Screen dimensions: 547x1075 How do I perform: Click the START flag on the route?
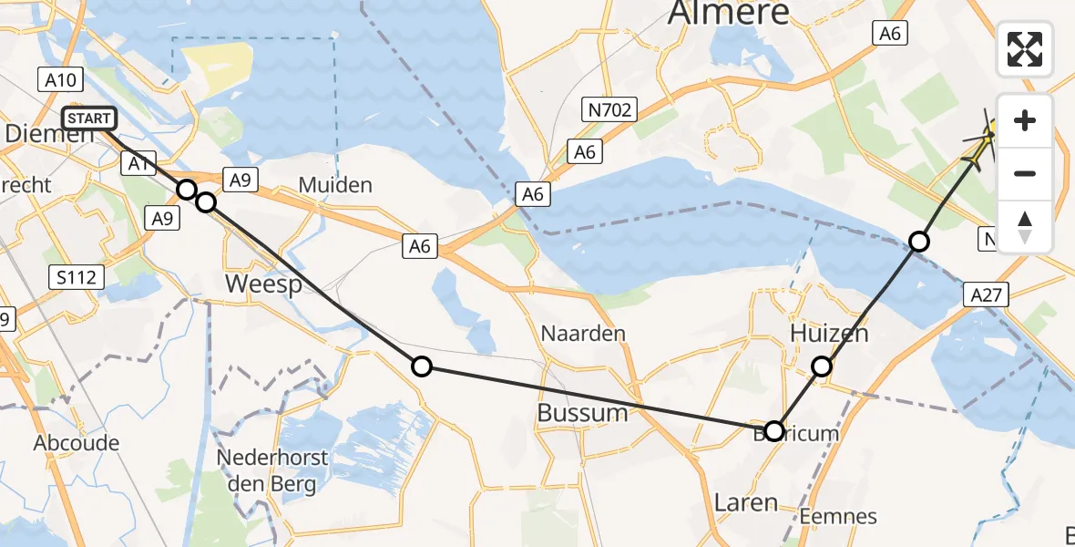click(x=89, y=119)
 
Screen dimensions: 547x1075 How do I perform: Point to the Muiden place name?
click(x=335, y=185)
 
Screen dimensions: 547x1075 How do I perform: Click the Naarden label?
click(x=583, y=333)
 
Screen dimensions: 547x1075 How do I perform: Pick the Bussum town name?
click(x=583, y=412)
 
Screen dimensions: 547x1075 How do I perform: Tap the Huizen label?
click(x=829, y=334)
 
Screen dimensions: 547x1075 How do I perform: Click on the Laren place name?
click(x=746, y=501)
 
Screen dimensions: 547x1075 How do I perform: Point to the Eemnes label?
click(x=838, y=517)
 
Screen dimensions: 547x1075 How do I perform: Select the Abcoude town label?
click(x=77, y=443)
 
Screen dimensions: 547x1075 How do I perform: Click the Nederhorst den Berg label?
click(x=266, y=470)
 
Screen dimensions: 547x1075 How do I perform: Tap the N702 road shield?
click(x=609, y=110)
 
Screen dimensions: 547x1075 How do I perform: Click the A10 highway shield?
click(x=61, y=80)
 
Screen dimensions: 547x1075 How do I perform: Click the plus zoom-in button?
click(x=1025, y=120)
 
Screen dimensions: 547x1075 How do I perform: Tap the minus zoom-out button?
click(x=1025, y=173)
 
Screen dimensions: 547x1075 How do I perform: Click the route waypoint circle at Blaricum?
click(x=773, y=431)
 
